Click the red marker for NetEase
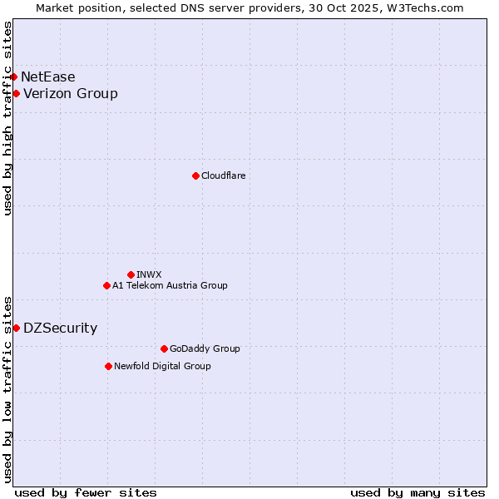click(13, 77)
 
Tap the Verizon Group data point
click(16, 93)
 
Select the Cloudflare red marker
click(195, 175)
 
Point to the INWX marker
click(131, 274)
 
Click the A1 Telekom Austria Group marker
click(106, 285)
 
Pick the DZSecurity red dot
click(16, 328)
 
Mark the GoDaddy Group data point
click(164, 348)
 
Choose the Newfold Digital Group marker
click(108, 366)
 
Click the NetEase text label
click(47, 77)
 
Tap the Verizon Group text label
click(71, 93)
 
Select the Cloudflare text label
click(223, 175)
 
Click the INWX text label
click(149, 274)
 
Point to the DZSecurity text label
click(60, 328)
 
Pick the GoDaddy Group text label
click(204, 348)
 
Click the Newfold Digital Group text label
click(162, 366)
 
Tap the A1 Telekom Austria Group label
click(170, 285)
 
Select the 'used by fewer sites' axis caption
click(86, 492)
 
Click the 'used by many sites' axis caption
click(417, 492)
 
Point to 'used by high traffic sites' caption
click(7, 118)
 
